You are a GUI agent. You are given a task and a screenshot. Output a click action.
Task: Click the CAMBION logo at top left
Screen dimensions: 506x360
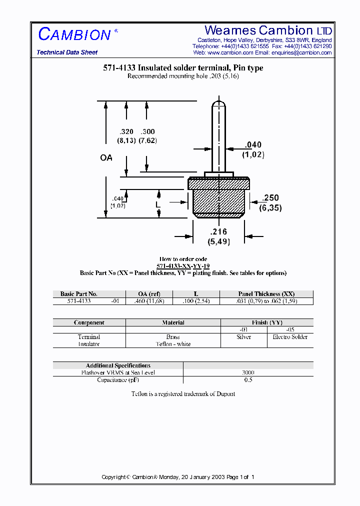[74, 34]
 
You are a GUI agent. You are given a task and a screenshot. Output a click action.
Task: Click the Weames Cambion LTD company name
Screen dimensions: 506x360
[268, 30]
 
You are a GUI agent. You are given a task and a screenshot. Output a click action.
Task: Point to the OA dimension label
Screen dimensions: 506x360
[106, 157]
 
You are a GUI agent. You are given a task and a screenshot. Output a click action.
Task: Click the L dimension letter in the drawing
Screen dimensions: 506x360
[157, 204]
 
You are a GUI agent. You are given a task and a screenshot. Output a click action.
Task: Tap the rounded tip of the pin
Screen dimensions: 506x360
[218, 104]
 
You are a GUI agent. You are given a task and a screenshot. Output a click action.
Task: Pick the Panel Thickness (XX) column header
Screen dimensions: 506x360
[266, 294]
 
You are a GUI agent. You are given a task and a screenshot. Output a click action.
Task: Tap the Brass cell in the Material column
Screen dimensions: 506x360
[173, 337]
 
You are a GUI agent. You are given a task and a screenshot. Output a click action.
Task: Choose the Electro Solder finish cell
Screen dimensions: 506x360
[290, 337]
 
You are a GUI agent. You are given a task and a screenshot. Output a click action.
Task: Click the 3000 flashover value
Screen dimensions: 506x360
[248, 372]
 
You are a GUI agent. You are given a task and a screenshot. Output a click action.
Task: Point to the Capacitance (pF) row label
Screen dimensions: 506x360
[118, 380]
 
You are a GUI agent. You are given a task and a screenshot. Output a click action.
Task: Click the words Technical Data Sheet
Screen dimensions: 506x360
[67, 52]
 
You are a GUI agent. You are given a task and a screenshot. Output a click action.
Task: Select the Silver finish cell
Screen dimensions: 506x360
[243, 337]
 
